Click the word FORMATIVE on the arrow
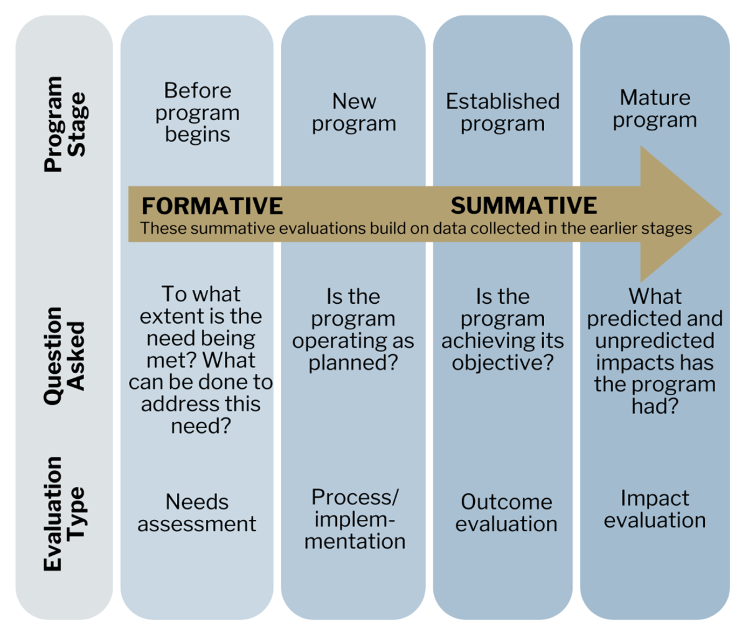pyautogui.click(x=212, y=206)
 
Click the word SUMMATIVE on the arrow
pyautogui.click(x=523, y=205)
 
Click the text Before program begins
pyautogui.click(x=197, y=112)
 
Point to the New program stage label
pyautogui.click(x=353, y=112)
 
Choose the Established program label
pyautogui.click(x=502, y=112)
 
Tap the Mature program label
pyautogui.click(x=654, y=108)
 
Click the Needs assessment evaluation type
pyautogui.click(x=197, y=512)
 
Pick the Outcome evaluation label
pyautogui.click(x=506, y=512)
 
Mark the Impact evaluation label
pyautogui.click(x=654, y=508)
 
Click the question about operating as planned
pyautogui.click(x=353, y=329)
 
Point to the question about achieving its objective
pyautogui.click(x=502, y=329)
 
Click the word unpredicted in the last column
pyautogui.click(x=654, y=340)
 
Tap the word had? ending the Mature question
pyautogui.click(x=654, y=406)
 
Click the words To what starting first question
pyautogui.click(x=200, y=294)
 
